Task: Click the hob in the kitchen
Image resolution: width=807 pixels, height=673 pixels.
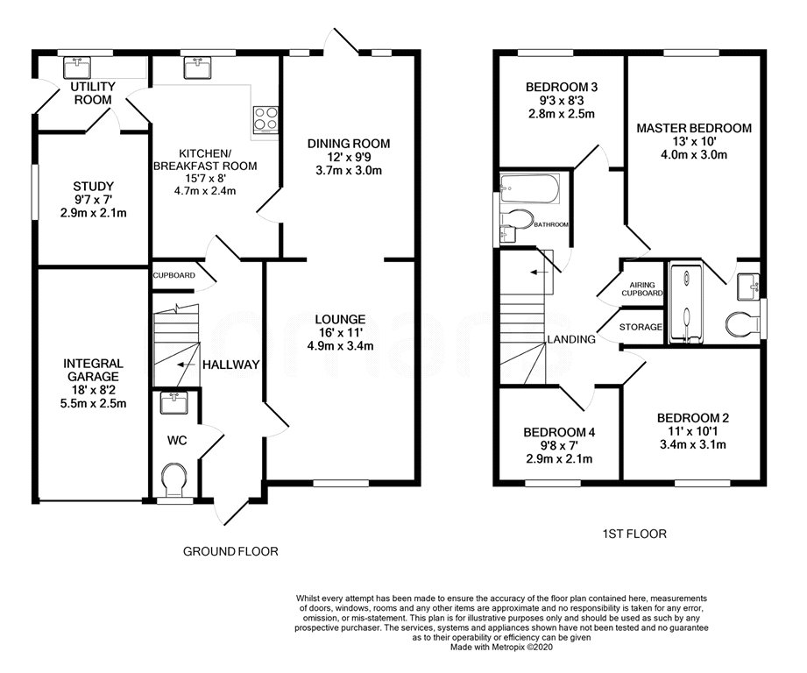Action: pos(265,119)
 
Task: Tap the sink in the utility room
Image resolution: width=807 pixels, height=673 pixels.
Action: pos(77,67)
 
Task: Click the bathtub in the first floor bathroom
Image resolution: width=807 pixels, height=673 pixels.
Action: pos(529,188)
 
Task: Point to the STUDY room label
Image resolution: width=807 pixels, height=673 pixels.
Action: pos(93,187)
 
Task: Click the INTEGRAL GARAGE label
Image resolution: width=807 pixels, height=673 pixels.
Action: pos(93,370)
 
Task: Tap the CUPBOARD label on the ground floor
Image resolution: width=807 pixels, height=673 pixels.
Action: pos(174,275)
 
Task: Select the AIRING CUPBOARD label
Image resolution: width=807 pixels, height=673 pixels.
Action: pos(642,288)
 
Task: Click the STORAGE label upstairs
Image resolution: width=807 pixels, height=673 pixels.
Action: pos(641,327)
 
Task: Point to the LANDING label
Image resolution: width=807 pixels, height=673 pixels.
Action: pos(571,339)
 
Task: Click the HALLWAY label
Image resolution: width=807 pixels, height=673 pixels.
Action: pos(231,365)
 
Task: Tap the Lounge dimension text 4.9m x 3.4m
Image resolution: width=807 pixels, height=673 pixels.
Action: pos(340,346)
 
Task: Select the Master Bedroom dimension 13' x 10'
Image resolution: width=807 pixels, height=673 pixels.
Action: pos(694,141)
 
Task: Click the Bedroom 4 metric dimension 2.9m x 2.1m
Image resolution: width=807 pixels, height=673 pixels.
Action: pos(559,458)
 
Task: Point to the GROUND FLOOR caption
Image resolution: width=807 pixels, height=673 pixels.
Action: pos(230,551)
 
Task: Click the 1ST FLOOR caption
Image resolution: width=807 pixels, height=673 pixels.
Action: pos(634,534)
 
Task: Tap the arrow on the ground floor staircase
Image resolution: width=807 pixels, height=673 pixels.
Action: pos(186,365)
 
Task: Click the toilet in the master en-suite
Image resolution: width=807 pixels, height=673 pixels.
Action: pos(744,324)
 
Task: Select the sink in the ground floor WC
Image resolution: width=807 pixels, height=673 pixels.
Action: pos(173,403)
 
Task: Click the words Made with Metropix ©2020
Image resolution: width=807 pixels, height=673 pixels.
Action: pos(502,648)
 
